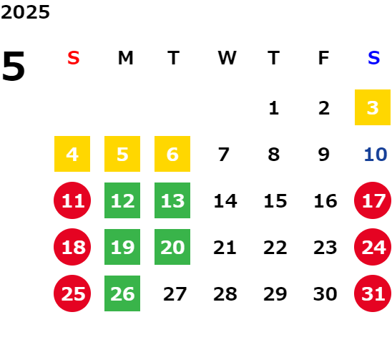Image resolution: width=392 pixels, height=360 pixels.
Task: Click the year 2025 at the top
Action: coord(25,12)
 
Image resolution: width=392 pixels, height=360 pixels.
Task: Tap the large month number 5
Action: coord(14,66)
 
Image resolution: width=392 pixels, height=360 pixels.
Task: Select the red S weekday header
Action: coord(74,58)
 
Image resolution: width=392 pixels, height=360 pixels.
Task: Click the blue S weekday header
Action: coord(374,58)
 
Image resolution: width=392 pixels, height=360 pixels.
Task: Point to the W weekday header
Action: coord(227,58)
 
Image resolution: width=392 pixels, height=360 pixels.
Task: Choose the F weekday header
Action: coord(323,58)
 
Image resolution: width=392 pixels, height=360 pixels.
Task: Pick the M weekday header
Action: coord(125,58)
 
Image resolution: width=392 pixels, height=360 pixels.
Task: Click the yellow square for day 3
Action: coord(373,107)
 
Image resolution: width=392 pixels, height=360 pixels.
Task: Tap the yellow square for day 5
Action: coord(122,154)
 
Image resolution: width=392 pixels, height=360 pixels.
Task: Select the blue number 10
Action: coord(376,155)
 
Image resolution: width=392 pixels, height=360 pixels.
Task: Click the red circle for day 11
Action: coord(72,200)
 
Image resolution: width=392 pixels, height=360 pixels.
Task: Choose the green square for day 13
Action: coord(172,200)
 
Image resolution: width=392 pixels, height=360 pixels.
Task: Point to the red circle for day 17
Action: coord(373,200)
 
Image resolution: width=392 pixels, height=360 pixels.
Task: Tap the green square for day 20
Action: coord(172,247)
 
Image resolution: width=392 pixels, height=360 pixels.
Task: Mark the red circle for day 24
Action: coord(373,247)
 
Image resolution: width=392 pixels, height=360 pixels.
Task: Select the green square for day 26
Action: coord(122,293)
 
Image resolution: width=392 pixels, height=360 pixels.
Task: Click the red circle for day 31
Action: coord(373,293)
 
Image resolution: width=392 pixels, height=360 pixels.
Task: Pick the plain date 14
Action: coord(225,201)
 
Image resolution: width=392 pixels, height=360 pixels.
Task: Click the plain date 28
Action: coord(225,294)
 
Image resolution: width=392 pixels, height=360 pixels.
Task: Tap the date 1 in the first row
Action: coord(274,108)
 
